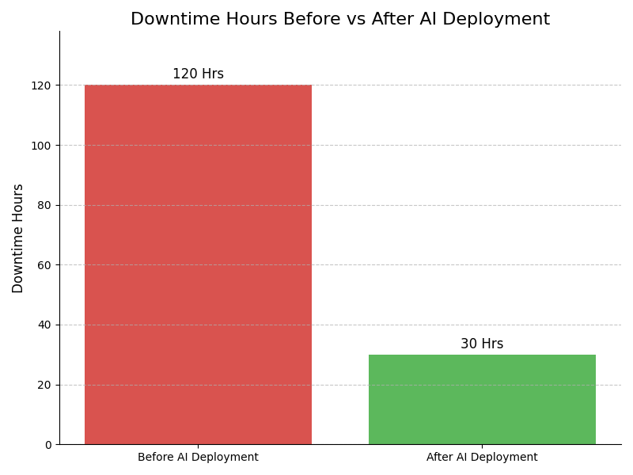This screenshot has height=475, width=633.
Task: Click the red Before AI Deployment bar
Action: tap(198, 264)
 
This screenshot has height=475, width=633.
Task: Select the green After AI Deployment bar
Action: tap(482, 399)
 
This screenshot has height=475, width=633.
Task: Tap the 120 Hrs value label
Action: tap(198, 74)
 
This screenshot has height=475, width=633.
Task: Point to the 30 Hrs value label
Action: tap(482, 344)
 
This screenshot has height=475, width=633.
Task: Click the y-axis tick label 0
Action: tap(48, 445)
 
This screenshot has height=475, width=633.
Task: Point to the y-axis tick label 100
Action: tap(43, 146)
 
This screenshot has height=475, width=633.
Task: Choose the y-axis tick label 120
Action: tap(43, 85)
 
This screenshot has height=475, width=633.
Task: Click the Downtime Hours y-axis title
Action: tap(18, 238)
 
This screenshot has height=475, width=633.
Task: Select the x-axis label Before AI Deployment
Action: tap(198, 457)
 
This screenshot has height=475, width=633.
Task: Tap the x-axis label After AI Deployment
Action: tap(482, 457)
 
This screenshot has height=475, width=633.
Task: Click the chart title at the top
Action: tap(340, 19)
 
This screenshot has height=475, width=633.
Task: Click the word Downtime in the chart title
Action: tap(169, 19)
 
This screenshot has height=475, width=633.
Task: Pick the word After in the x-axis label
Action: tap(441, 457)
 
